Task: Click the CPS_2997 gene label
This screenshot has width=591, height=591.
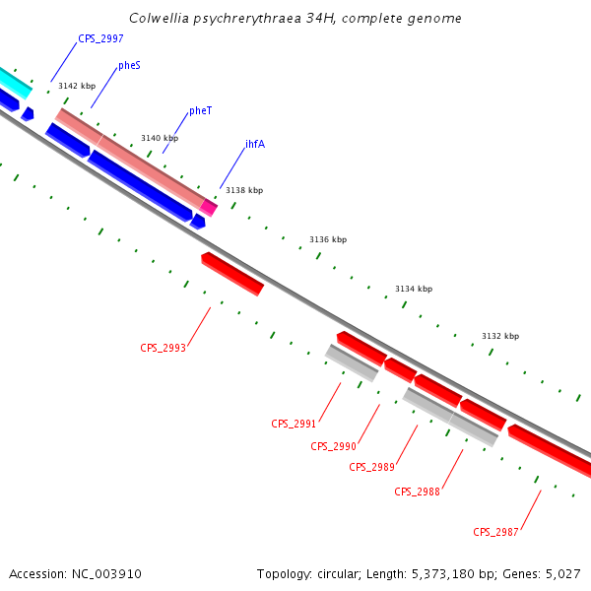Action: pos(100,38)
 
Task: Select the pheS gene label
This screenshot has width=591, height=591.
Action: pos(129,65)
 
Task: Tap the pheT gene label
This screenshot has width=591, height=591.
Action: pos(200,111)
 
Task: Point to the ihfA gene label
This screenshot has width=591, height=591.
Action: pos(254,144)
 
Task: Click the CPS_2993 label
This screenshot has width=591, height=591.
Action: pos(163,348)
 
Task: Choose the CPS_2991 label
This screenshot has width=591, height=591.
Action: pos(294,425)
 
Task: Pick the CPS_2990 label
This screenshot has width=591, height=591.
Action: pos(333,447)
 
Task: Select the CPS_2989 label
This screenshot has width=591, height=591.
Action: pos(371,467)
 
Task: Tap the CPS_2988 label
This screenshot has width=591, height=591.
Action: pos(417,492)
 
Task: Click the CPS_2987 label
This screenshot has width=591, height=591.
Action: pos(495,532)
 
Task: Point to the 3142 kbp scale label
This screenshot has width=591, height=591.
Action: pos(77,87)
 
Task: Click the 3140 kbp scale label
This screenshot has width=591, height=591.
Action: pos(160,138)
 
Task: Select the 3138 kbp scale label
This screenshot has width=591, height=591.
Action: pos(244,190)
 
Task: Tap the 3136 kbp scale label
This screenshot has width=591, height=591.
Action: pos(328,239)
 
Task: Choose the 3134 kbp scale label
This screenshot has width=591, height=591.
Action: pos(414,289)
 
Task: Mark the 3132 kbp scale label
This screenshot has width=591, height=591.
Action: pos(500,337)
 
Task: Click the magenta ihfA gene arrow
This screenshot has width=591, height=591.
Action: pos(209,207)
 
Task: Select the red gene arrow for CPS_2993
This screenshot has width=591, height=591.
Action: pos(232,274)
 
